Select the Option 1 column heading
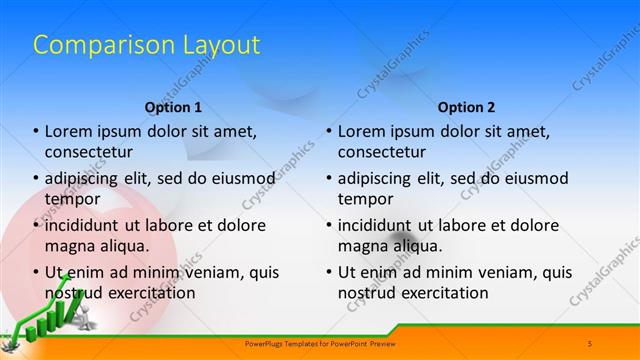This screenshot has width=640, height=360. point(173,107)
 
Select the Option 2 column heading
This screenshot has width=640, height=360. point(466,107)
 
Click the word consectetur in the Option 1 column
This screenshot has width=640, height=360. point(89,152)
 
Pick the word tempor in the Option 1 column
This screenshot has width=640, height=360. point(72,199)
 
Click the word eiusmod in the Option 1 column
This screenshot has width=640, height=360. point(239,178)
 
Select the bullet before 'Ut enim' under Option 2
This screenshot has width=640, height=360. point(329,272)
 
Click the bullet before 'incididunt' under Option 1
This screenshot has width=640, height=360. point(36,225)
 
